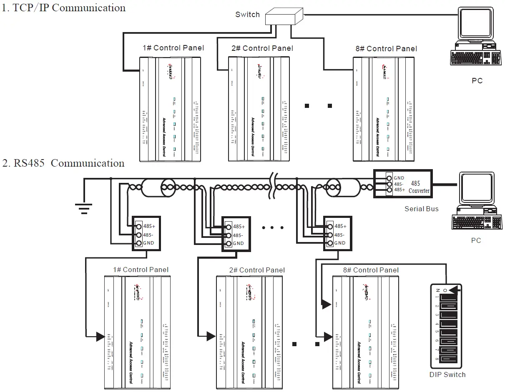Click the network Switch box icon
(283, 16)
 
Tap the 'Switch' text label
(247, 15)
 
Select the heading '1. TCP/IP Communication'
(63, 7)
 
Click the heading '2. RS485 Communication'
(63, 163)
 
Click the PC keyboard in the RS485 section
(476, 223)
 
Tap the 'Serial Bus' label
(421, 209)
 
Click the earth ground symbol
(84, 207)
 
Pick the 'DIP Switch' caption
(447, 375)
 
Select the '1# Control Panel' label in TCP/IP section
(173, 48)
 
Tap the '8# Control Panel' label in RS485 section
(371, 270)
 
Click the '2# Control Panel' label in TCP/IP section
(262, 48)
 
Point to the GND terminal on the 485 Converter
(389, 178)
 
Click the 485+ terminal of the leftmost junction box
(138, 226)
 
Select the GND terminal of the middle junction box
(228, 243)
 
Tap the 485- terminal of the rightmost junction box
(330, 235)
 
